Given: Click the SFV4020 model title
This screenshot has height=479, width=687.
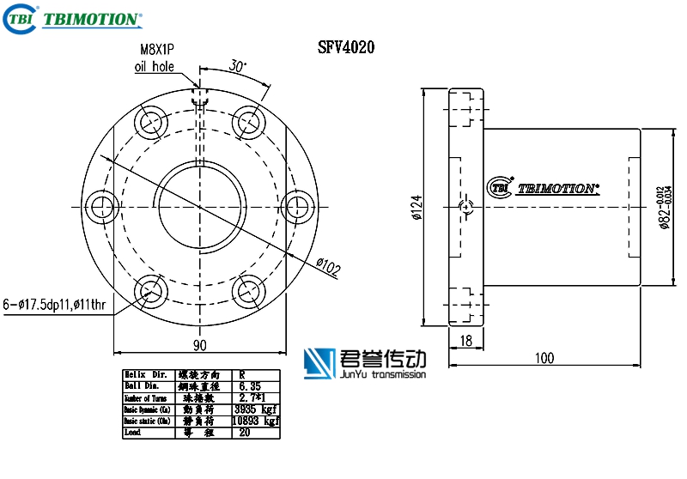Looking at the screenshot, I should click(346, 49).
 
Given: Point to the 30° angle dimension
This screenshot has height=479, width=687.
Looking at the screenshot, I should click(237, 65).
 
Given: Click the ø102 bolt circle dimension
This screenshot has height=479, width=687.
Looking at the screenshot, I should click(328, 267).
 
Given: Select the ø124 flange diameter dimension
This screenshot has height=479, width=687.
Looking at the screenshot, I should click(416, 207).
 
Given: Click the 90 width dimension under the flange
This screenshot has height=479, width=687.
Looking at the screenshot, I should click(199, 345).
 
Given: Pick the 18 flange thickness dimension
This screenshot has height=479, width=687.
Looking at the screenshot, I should click(466, 341).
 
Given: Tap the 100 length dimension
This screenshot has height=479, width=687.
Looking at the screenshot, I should click(543, 358).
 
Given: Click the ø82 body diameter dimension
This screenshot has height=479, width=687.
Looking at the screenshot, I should click(664, 207).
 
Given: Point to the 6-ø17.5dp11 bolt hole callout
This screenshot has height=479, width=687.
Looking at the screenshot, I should click(57, 304).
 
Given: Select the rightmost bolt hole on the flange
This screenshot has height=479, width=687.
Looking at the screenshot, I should click(296, 206).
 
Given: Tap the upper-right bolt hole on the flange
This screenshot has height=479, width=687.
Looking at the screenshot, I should click(248, 122).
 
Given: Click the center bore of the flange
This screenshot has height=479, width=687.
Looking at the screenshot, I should click(200, 206).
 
